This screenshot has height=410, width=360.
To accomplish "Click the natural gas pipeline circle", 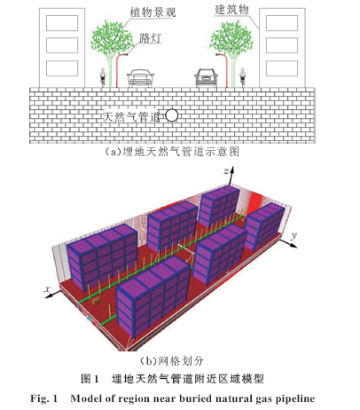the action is pyautogui.click(x=171, y=115).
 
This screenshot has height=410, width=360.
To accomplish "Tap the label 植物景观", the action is pyautogui.click(x=153, y=12).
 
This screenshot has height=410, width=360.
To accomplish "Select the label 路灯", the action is pyautogui.click(x=150, y=38).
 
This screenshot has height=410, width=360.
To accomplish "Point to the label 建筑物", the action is pyautogui.click(x=231, y=10).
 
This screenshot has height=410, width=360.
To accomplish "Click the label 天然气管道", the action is pyautogui.click(x=131, y=117).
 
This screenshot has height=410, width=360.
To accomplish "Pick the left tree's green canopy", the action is pyautogui.click(x=112, y=38).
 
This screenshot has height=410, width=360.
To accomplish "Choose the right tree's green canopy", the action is pyautogui.click(x=231, y=38).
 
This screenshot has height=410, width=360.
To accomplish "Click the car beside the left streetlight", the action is pyautogui.click(x=140, y=78).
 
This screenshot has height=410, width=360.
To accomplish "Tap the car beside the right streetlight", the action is pyautogui.click(x=206, y=77).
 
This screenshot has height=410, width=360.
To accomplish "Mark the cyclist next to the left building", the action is pyautogui.click(x=103, y=77).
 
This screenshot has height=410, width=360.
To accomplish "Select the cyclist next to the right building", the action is pyautogui.click(x=243, y=77).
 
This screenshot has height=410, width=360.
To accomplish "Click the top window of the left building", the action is pyautogui.click(x=62, y=23).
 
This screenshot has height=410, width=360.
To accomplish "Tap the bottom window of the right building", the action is pyautogui.click(x=282, y=68).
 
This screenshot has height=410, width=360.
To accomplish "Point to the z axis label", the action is pyautogui.click(x=226, y=171).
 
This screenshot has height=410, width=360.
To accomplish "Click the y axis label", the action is pyautogui.click(x=293, y=236).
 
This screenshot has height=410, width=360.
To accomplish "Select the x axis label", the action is pyautogui.click(x=48, y=289).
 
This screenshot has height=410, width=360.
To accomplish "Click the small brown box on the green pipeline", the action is pyautogui.click(x=96, y=301).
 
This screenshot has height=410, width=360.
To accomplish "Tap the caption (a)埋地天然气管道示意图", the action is pyautogui.click(x=172, y=152).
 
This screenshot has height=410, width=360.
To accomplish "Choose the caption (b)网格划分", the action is pyautogui.click(x=172, y=361).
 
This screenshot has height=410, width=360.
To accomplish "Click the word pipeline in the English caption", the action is pyautogui.click(x=295, y=399).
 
